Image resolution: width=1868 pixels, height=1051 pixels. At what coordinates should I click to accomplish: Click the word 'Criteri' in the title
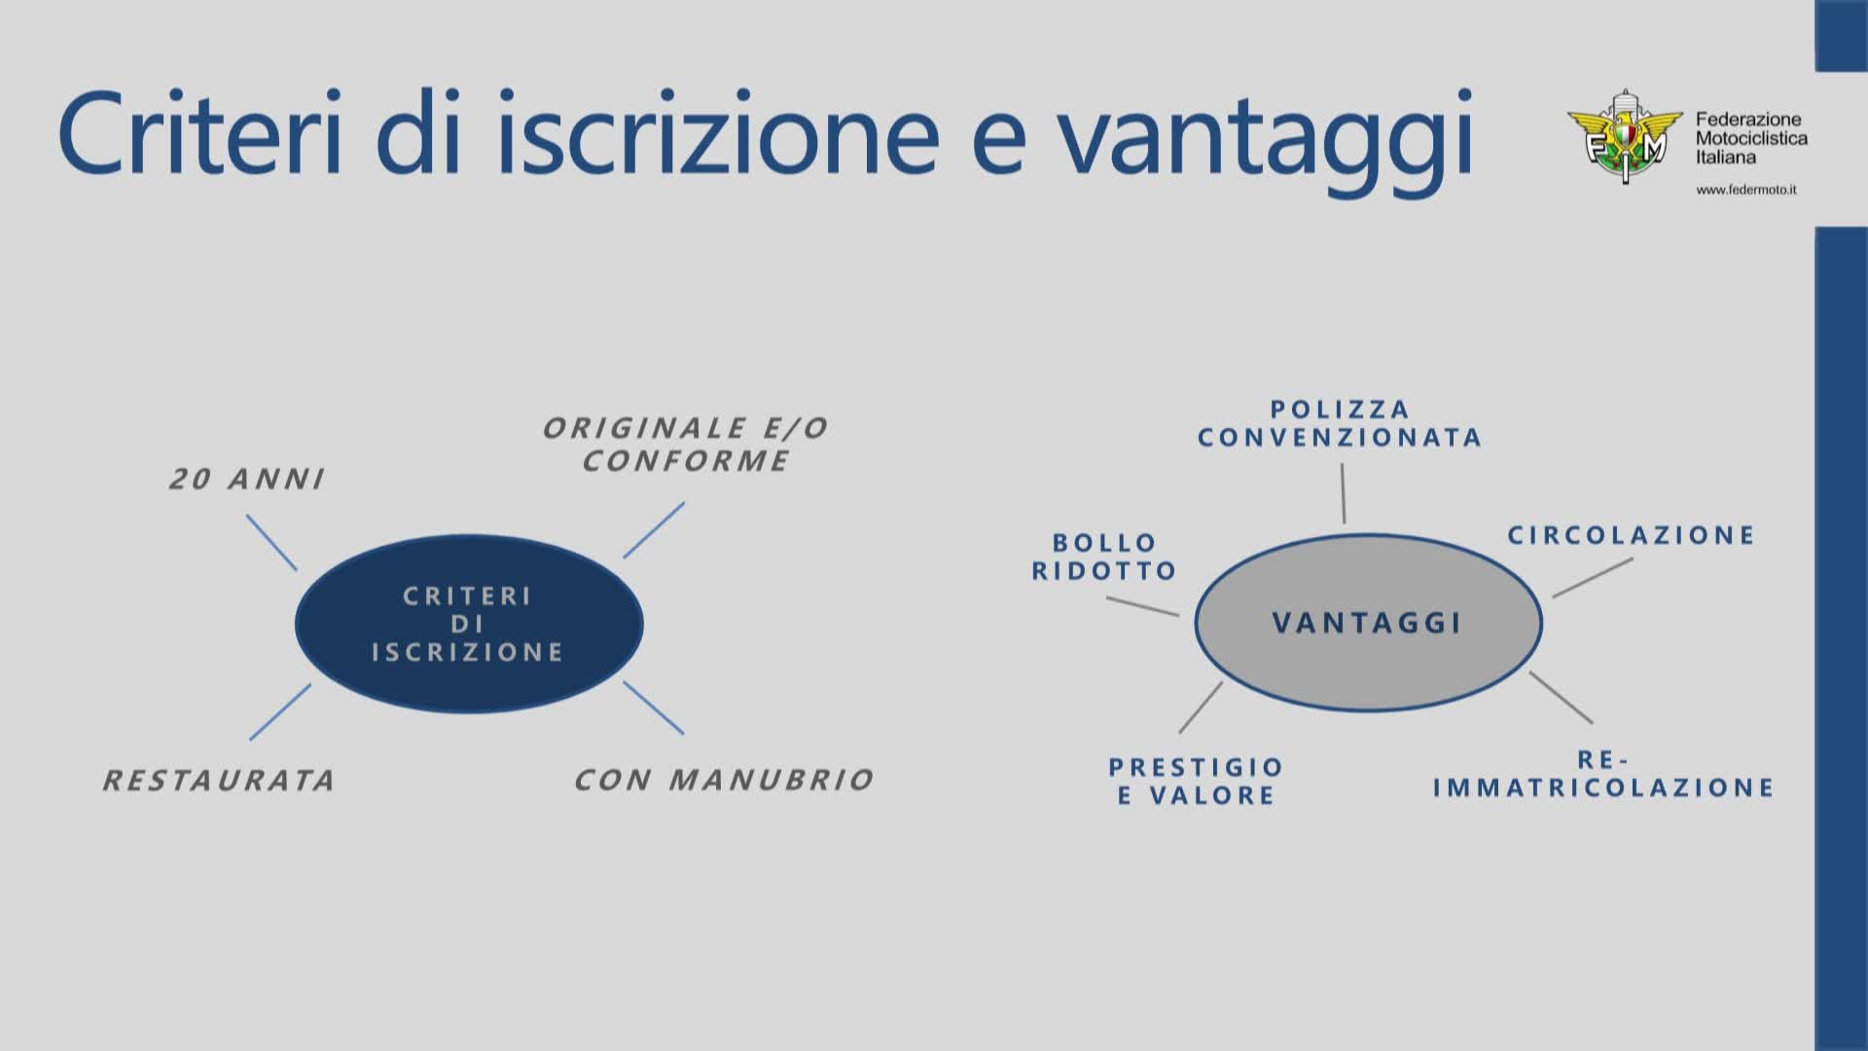click(200, 132)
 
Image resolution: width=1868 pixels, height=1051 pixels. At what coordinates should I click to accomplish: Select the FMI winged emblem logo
click(1624, 137)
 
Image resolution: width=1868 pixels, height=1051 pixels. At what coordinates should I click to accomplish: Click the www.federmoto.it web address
click(1746, 190)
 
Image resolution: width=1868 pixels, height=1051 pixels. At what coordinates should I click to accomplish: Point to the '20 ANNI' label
click(247, 479)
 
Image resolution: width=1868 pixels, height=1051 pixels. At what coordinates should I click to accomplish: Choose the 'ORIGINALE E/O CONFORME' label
click(686, 444)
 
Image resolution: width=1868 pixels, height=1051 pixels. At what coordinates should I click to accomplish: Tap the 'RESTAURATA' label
click(220, 780)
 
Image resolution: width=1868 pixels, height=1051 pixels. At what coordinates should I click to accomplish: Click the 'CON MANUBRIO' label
click(724, 779)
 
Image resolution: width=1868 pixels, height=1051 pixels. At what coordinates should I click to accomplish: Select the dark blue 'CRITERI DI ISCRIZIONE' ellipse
click(469, 624)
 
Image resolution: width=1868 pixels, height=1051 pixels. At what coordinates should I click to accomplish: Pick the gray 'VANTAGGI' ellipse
click(1368, 622)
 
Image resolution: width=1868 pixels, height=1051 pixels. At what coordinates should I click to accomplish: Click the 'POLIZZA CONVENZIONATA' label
click(1340, 423)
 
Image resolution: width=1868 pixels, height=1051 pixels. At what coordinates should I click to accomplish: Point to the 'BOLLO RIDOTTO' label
click(1104, 557)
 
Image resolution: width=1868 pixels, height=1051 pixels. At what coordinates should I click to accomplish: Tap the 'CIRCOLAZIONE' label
click(1632, 535)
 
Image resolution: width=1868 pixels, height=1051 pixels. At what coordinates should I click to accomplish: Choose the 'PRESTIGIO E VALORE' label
click(1197, 781)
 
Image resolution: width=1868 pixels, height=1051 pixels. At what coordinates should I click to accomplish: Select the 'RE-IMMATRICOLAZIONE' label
click(1603, 774)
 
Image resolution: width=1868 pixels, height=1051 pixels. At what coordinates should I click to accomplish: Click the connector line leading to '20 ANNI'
click(271, 543)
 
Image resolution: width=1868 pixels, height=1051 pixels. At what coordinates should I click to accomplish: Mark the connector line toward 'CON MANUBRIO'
click(654, 707)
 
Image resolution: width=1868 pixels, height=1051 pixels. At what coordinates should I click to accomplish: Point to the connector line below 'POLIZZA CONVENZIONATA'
click(1343, 493)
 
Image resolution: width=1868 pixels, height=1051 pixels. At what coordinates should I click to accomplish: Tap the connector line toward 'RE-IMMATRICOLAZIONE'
click(1561, 698)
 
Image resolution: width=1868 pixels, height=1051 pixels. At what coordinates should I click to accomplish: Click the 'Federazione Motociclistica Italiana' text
click(1751, 138)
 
